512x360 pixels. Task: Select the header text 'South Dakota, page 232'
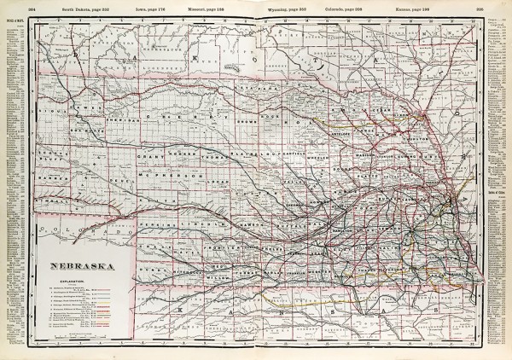pyautogui.click(x=90, y=7)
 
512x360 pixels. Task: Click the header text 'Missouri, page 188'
pyautogui.click(x=212, y=7)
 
